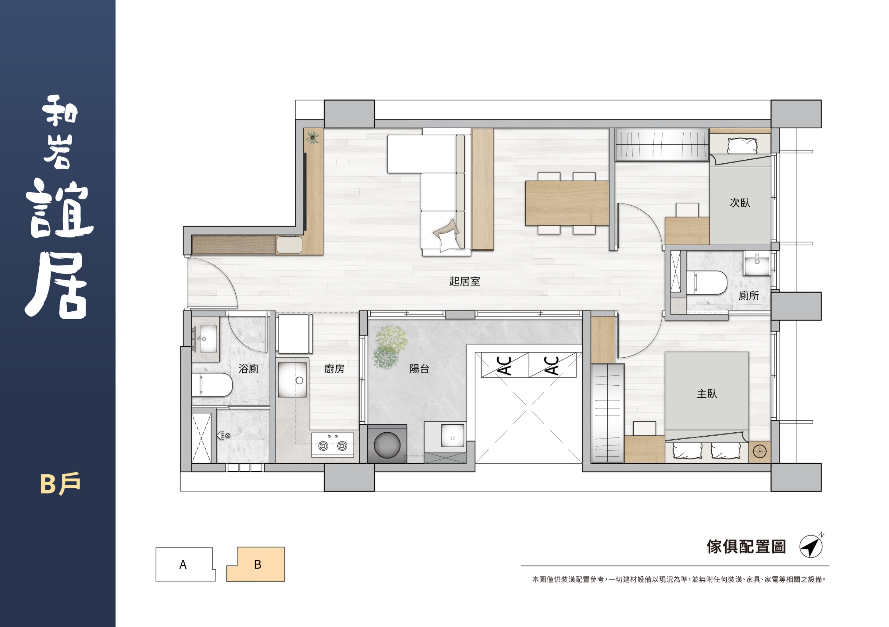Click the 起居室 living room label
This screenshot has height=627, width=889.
click(464, 281)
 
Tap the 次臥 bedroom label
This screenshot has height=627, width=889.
click(739, 203)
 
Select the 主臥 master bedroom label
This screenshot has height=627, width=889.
click(707, 394)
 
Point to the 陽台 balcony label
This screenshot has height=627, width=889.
click(420, 369)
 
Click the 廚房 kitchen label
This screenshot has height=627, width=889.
click(334, 369)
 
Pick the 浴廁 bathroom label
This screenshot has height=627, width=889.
click(248, 369)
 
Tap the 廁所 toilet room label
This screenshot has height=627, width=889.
click(749, 296)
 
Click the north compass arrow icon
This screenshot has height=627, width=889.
click(811, 546)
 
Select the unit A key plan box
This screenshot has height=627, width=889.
click(185, 564)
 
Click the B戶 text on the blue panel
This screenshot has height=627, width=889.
click(61, 483)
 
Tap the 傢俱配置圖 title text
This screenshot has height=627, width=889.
click(746, 546)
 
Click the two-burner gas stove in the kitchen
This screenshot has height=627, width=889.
click(333, 445)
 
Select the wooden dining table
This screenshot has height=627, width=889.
click(567, 203)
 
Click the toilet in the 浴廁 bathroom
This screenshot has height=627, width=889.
click(212, 385)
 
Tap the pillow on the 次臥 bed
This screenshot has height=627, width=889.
click(742, 146)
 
